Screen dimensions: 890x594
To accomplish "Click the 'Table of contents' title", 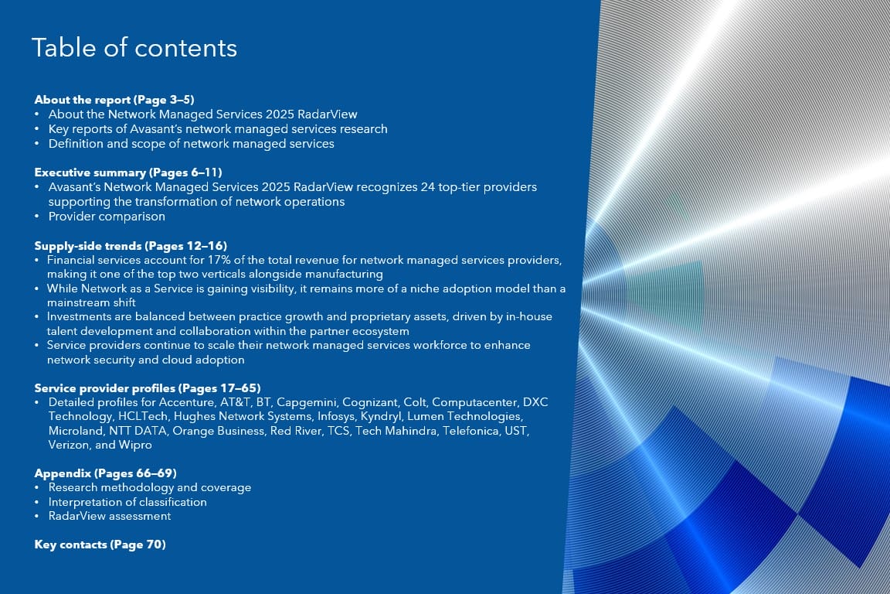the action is tap(134, 48).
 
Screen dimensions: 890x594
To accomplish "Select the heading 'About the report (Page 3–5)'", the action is tap(114, 100).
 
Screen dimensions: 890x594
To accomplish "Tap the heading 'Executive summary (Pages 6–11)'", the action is tap(128, 172).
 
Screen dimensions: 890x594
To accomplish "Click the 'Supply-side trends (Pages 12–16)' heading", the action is tap(131, 246).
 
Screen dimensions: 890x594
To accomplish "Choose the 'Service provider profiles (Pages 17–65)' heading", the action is tap(148, 388).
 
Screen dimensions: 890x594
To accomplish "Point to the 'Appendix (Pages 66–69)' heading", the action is tap(106, 473).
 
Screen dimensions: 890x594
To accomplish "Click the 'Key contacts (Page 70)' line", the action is tap(100, 544).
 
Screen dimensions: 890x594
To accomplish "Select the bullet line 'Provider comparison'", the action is tap(107, 217).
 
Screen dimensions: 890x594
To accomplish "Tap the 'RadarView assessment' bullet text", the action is tap(110, 516).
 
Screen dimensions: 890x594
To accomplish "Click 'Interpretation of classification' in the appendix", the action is tap(127, 502).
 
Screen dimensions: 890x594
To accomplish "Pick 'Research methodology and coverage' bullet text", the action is tap(150, 488).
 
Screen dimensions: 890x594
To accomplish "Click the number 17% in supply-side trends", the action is tap(219, 261).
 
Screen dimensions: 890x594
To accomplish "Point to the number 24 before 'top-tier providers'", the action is tap(427, 187).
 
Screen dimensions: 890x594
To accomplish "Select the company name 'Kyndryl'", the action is tap(380, 417).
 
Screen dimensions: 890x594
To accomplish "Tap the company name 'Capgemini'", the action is tap(307, 402).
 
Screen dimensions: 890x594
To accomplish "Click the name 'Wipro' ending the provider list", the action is tap(135, 445).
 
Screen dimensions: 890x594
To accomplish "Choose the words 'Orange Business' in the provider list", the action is tap(219, 431).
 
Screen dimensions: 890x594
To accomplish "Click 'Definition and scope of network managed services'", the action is tap(192, 144).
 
